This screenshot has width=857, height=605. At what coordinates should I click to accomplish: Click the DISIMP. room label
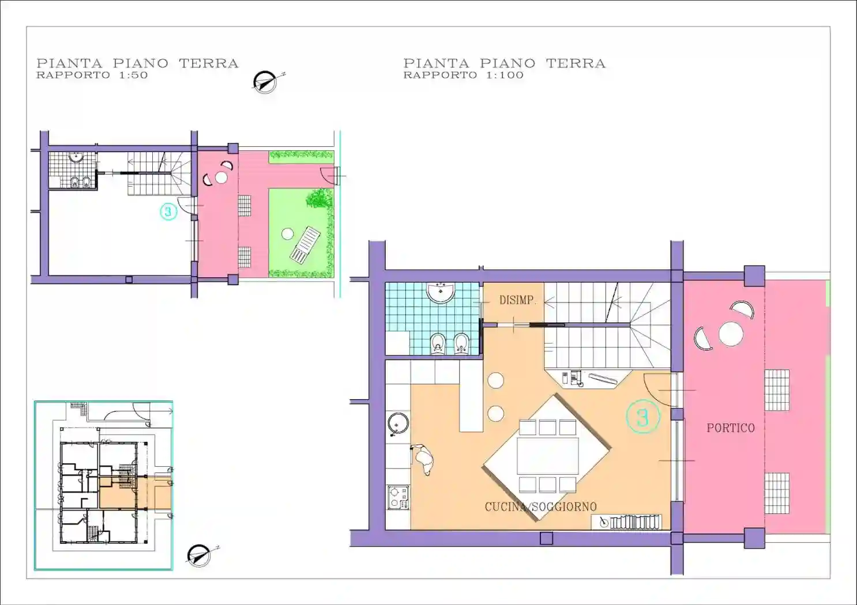pyautogui.click(x=517, y=300)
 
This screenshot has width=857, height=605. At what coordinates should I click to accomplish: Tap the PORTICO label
pyautogui.click(x=731, y=428)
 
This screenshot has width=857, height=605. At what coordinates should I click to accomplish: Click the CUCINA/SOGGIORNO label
pyautogui.click(x=540, y=507)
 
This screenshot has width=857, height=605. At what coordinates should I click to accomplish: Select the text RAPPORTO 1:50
pyautogui.click(x=92, y=75)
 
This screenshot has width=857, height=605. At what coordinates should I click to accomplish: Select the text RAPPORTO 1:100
pyautogui.click(x=463, y=75)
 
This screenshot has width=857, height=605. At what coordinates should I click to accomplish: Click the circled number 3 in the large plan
pyautogui.click(x=643, y=416)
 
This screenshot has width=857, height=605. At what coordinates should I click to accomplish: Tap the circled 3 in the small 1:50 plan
pyautogui.click(x=168, y=211)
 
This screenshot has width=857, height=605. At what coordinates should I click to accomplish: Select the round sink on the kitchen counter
pyautogui.click(x=398, y=424)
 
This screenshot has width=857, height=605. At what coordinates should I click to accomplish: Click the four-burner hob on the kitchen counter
pyautogui.click(x=399, y=498)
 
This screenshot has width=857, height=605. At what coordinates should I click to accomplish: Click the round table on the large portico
pyautogui.click(x=731, y=334)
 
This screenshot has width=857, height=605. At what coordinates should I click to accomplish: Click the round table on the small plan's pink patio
pyautogui.click(x=221, y=177)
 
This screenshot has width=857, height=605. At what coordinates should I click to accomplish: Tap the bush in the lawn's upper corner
pyautogui.click(x=318, y=199)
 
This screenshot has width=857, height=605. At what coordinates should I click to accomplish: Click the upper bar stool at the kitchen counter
pyautogui.click(x=495, y=381)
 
